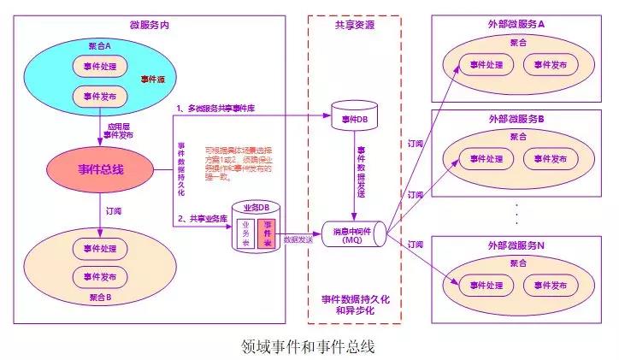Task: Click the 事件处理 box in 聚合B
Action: [x=100, y=248]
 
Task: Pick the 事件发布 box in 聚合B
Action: [x=100, y=276]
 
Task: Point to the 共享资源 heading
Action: [x=352, y=25]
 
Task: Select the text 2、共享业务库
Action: [x=203, y=218]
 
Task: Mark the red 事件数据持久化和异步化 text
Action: [x=354, y=304]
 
